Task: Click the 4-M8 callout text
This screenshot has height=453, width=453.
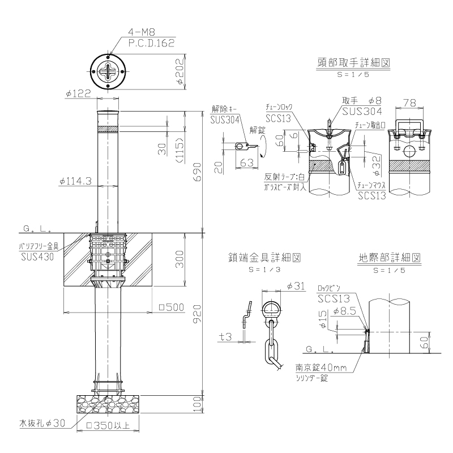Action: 142,32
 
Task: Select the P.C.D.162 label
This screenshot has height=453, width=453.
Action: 151,43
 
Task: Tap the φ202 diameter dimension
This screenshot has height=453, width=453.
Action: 180,72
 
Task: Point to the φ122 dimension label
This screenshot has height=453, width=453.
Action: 78,93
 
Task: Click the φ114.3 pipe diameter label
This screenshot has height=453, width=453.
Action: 75,181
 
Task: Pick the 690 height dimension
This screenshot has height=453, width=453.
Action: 197,172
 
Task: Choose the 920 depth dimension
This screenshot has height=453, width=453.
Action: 197,314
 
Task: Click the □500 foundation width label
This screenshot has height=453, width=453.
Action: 172,307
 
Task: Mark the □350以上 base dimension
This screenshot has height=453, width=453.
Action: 108,425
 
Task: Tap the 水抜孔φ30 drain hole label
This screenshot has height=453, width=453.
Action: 42,424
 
